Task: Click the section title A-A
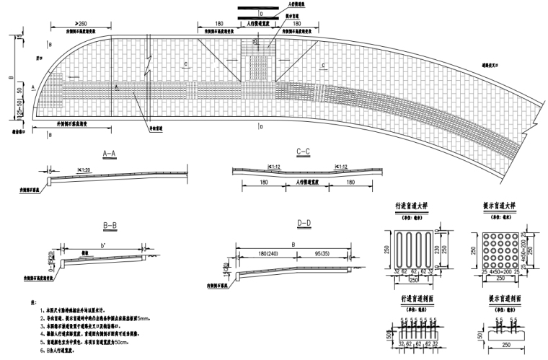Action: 115,154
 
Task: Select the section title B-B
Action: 110,227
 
